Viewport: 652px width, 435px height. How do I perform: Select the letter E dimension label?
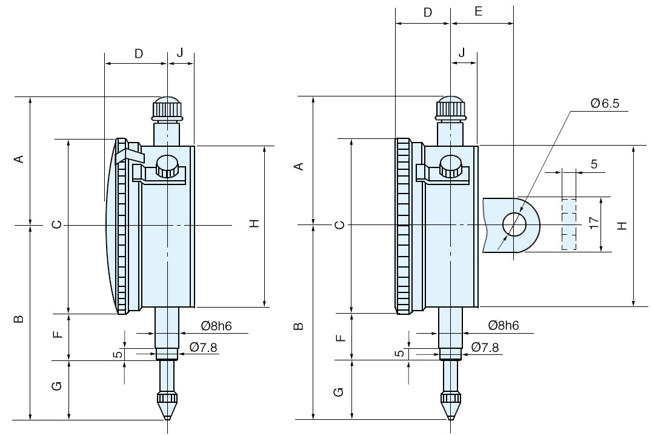(479, 12)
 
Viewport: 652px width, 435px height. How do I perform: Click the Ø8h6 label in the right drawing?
(503, 326)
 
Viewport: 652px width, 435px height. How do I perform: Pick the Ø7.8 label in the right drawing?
(485, 347)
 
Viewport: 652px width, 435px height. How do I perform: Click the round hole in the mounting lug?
(514, 224)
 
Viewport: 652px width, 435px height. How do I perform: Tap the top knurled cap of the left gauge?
(167, 109)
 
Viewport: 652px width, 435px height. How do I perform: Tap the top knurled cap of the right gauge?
(450, 109)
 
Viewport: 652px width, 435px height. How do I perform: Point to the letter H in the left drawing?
(255, 223)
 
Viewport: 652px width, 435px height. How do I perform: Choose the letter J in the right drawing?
(462, 53)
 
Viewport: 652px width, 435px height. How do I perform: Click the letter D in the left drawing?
(138, 53)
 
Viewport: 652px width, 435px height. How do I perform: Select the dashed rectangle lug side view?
(568, 224)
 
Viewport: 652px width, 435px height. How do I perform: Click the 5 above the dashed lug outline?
(593, 164)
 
